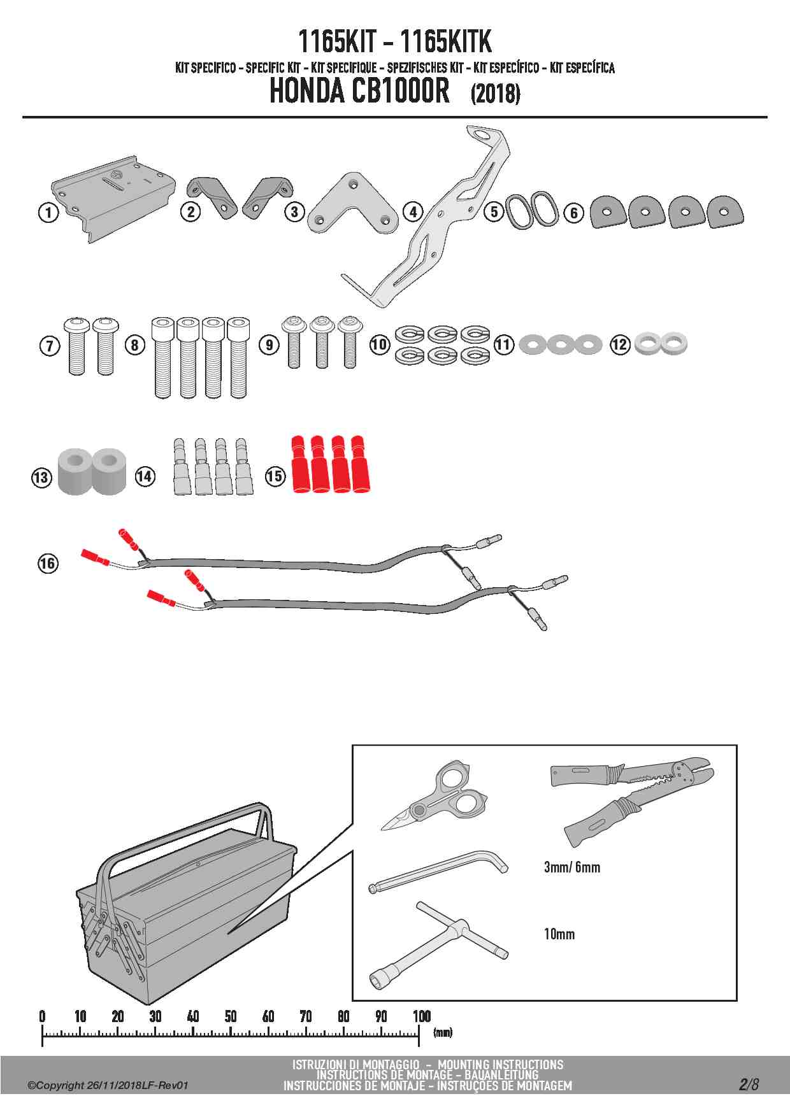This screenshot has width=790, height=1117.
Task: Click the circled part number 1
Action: point(48,212)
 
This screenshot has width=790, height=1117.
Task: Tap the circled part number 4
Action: point(413,211)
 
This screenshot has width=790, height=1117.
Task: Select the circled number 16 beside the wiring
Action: point(48,563)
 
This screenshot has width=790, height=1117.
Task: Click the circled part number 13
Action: point(41,477)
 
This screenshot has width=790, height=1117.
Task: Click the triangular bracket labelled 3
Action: point(352,203)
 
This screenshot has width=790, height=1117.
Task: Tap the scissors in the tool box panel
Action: point(435,796)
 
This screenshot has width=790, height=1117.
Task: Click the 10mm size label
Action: point(559,934)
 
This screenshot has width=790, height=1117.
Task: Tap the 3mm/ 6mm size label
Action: point(572,867)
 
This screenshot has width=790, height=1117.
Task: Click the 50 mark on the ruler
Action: point(231,1016)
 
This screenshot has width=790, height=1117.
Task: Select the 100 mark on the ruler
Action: point(422,1016)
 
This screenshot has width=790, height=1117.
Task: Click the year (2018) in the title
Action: point(496,94)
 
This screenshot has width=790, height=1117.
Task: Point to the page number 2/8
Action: point(749,1085)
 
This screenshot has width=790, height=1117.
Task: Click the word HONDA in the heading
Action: point(307,90)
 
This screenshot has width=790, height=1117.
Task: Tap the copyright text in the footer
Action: point(108,1085)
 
